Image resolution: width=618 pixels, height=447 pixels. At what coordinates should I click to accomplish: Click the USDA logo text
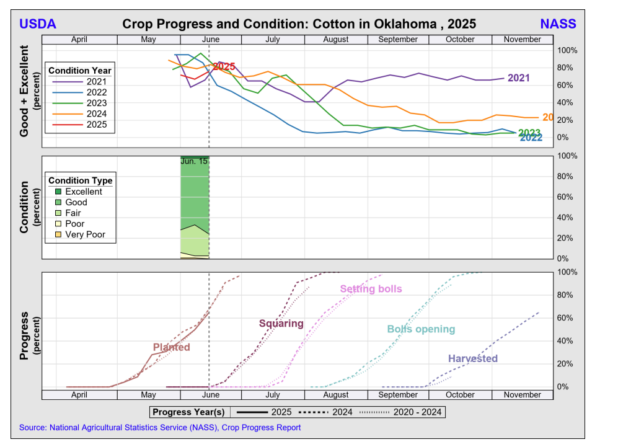[38, 24]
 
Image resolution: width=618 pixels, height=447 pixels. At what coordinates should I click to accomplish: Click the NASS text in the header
[558, 24]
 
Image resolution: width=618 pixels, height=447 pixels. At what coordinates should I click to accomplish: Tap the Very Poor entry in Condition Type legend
[85, 235]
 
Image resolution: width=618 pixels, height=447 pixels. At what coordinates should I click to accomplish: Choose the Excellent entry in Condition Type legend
[83, 192]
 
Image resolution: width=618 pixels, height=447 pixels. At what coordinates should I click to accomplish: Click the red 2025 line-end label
[224, 66]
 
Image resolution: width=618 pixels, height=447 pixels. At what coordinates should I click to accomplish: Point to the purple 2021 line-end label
[519, 78]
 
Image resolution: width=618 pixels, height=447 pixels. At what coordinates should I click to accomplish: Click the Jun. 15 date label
[194, 161]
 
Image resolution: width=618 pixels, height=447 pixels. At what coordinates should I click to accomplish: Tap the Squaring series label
[281, 324]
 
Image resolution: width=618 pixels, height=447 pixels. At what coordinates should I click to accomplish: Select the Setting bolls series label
[371, 289]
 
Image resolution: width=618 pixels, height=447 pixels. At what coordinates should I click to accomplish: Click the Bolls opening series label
[421, 329]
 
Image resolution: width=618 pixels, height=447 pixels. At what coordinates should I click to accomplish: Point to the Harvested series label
[472, 359]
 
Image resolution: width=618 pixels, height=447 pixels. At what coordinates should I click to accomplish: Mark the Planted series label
[171, 347]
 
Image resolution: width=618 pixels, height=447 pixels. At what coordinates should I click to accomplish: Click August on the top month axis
[335, 40]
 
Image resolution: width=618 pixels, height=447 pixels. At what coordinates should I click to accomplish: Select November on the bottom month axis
[522, 395]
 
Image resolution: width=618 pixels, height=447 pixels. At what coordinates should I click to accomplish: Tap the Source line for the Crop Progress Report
[160, 428]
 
